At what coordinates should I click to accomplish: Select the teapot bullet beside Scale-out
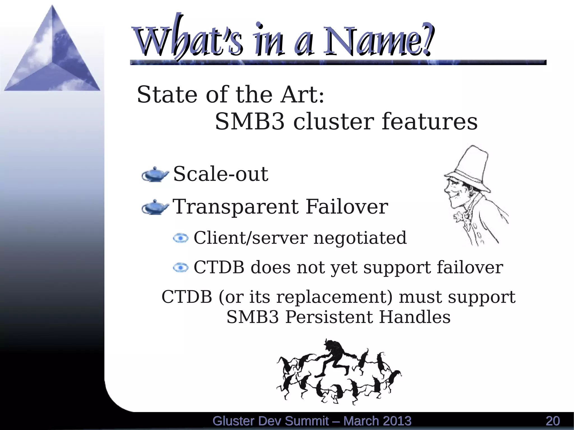click(x=155, y=175)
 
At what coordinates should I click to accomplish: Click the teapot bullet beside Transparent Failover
click(x=155, y=207)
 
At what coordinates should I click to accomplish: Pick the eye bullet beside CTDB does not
click(x=181, y=268)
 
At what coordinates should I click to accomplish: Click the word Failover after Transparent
click(x=347, y=207)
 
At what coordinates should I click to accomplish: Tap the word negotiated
click(x=360, y=238)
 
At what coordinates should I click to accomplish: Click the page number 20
click(x=552, y=421)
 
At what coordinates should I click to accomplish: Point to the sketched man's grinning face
click(x=454, y=193)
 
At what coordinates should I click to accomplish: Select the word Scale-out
click(x=221, y=174)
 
